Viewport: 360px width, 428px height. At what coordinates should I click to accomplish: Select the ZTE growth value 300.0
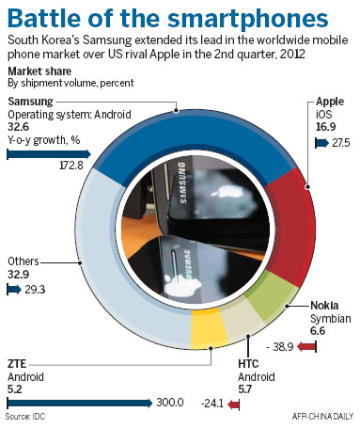coord(168,403)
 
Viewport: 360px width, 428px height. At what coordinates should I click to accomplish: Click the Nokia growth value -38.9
coord(282,347)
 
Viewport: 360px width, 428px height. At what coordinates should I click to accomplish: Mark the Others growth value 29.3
coord(38,291)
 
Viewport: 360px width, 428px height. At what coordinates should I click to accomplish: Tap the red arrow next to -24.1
coord(235,405)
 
